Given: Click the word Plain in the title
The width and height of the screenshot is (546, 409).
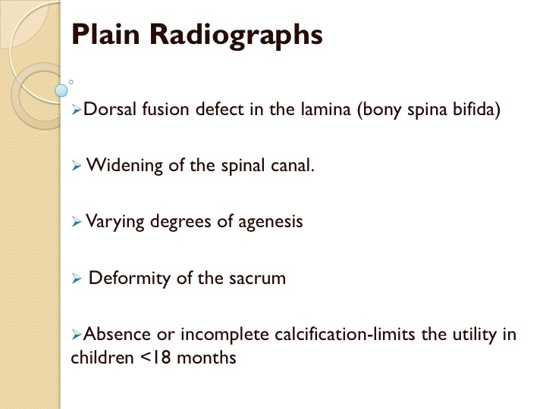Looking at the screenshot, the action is click(105, 34).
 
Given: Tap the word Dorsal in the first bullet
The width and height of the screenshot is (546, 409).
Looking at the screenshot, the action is click(110, 109).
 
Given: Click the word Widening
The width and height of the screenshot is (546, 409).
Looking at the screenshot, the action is click(124, 166).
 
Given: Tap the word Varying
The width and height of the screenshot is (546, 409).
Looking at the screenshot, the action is click(115, 222).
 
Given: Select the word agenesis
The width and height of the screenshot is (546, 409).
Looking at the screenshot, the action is click(270, 222).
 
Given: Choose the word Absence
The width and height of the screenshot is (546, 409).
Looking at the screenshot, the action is click(117, 334).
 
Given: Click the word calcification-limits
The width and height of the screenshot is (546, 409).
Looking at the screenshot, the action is click(345, 334).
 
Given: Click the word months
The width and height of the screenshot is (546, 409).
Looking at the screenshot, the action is click(206, 357).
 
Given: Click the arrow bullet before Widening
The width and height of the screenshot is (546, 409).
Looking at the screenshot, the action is click(77, 166).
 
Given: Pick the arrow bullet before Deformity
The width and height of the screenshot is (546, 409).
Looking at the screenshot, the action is click(77, 279).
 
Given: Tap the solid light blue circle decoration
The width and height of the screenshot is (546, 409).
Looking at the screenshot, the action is click(61, 90).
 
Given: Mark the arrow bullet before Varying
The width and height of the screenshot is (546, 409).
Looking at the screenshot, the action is click(77, 222).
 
